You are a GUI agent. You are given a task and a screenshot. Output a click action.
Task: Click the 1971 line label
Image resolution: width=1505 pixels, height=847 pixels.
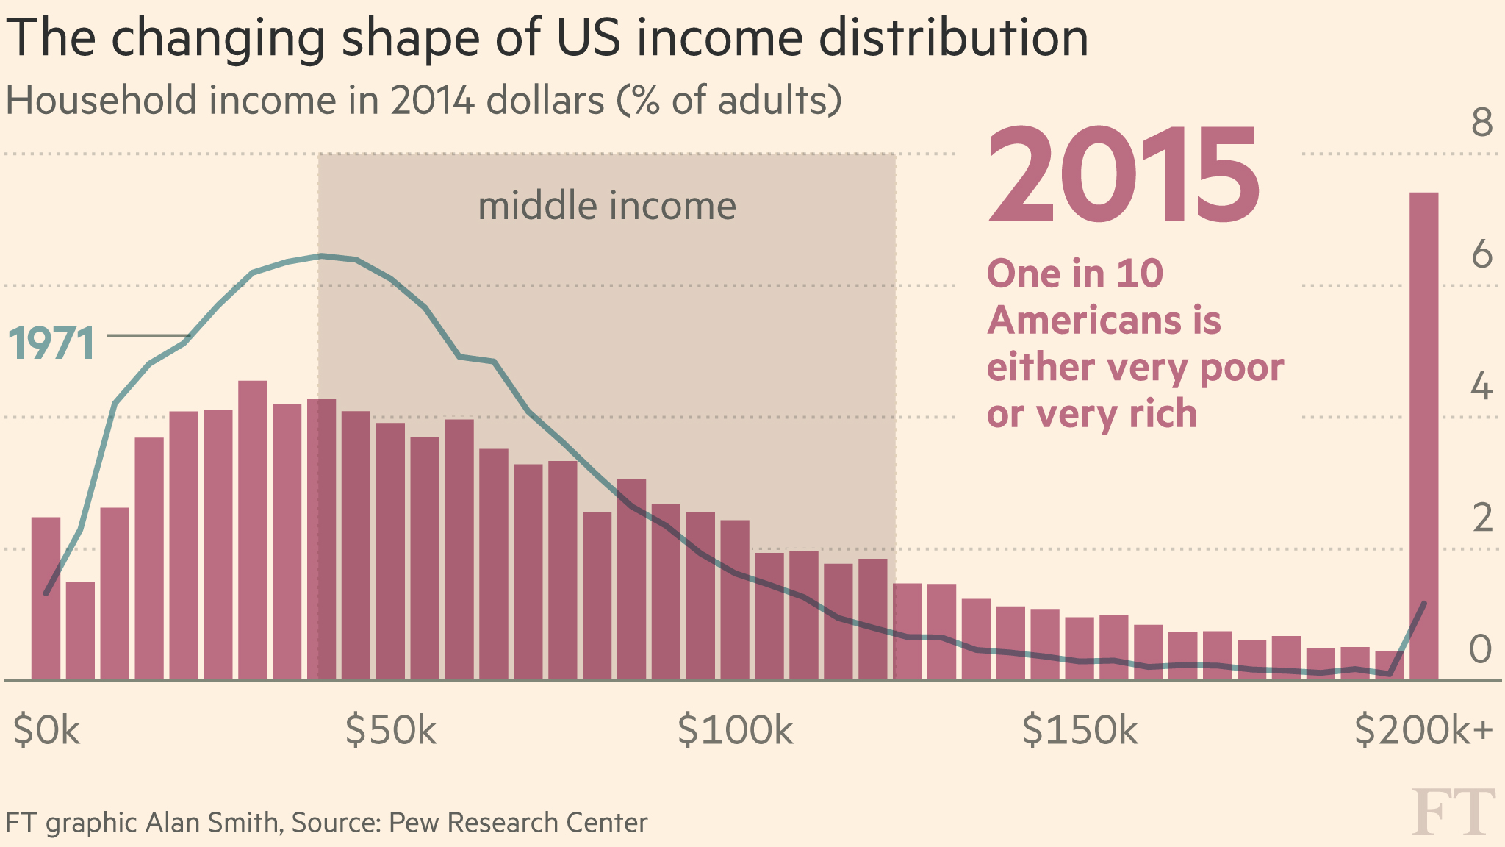51,343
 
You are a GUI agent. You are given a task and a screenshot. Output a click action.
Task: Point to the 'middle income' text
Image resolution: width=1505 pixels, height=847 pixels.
607,206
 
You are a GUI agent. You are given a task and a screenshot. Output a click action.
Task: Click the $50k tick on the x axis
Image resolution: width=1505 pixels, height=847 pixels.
391,731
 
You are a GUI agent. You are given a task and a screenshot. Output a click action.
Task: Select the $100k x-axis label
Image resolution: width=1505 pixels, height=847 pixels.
736,731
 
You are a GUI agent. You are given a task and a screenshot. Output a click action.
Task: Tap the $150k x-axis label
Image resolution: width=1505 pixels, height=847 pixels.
1080,731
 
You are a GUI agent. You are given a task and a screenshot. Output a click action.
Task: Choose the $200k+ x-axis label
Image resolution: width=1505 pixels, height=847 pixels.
1423,731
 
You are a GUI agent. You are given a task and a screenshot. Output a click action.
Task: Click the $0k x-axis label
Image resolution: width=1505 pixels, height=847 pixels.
46,731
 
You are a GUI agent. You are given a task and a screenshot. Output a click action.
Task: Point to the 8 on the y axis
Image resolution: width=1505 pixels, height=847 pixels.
1481,122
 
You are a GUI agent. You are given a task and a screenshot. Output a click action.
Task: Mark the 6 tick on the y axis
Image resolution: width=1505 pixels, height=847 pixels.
1481,254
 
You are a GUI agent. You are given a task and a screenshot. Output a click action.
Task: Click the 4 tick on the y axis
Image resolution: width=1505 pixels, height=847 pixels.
1481,387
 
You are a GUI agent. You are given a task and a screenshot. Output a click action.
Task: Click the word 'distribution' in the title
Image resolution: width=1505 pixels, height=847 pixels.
953,38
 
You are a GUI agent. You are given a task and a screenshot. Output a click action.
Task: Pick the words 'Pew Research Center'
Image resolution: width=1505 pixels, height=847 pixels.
518,823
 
